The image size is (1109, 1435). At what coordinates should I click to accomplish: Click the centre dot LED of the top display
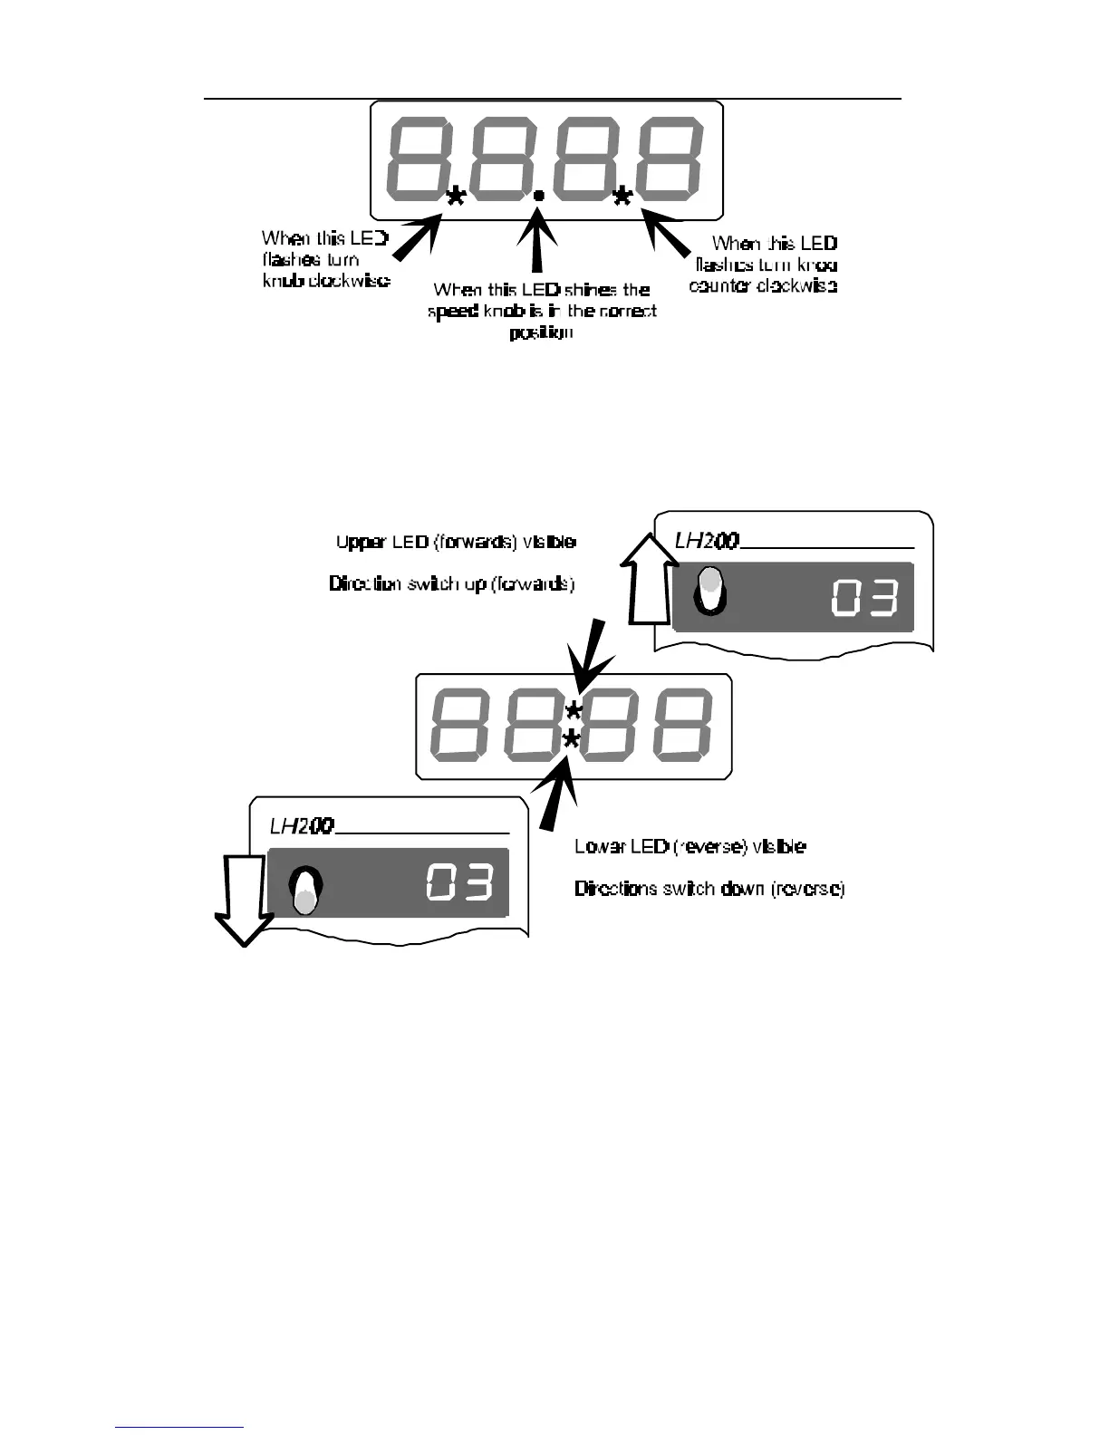[538, 194]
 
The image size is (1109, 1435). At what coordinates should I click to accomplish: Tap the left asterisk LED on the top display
[456, 196]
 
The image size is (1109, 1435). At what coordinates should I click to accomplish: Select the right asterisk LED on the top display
[622, 196]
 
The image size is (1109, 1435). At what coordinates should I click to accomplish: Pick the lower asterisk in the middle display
[571, 742]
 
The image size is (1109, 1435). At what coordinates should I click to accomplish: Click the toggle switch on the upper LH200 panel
[710, 591]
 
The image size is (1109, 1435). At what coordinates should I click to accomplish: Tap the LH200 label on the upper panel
[707, 542]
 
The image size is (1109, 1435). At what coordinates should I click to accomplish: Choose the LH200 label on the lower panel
[302, 826]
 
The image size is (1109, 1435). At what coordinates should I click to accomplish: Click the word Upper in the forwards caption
[360, 542]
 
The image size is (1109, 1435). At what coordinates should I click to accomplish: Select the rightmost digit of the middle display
[681, 725]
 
